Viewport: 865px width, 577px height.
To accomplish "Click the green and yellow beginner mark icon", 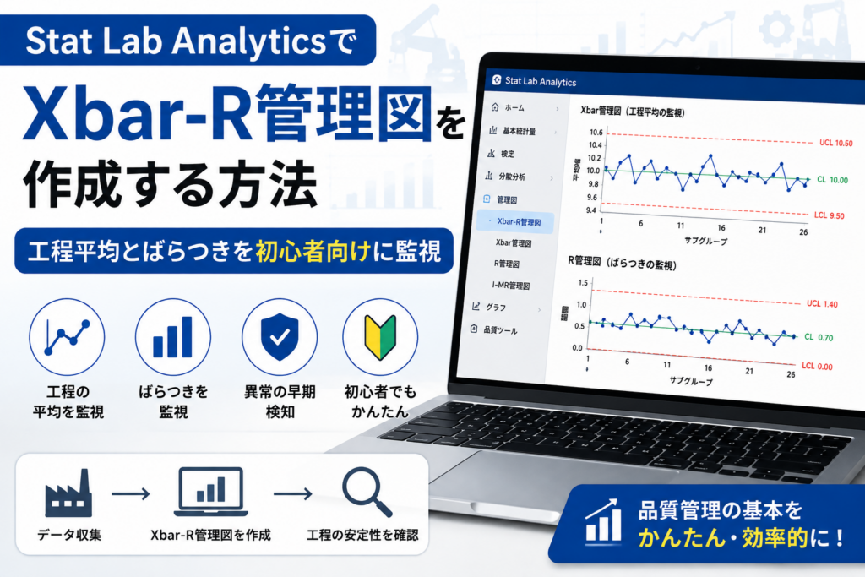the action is point(380,337).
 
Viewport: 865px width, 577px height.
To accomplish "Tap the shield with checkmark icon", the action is point(280,336).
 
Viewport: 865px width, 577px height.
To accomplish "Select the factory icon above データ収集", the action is point(68,493).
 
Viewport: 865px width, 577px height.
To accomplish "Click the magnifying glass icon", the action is point(367,492).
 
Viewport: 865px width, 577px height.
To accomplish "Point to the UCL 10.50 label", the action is point(835,143).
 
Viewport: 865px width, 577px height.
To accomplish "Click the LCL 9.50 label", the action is point(830,215).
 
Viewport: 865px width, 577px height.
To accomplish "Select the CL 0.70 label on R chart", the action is point(819,337).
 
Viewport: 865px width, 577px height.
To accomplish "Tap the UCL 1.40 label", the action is point(822,303).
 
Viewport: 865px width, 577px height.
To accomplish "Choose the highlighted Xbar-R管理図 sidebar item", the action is point(519,221).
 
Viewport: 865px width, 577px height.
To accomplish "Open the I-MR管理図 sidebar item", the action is point(511,286).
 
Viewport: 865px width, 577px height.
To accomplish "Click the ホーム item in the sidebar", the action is point(514,107).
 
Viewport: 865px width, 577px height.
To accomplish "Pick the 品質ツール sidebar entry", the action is point(500,330).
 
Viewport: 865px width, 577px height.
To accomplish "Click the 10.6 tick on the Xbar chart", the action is point(596,133).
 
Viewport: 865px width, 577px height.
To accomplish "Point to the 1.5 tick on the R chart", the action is point(583,282).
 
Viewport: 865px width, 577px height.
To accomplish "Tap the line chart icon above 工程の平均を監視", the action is point(67,337).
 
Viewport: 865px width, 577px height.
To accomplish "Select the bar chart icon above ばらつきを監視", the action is point(172,337).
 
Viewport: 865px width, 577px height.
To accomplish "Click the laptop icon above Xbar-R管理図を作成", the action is point(210,492).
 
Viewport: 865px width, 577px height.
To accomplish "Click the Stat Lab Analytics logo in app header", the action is point(497,80).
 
